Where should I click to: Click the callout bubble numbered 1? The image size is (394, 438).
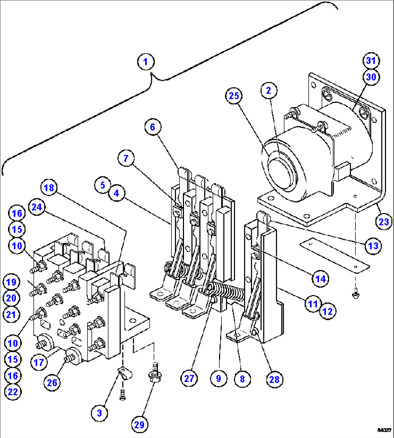[x=146, y=62]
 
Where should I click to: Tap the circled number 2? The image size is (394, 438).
[x=269, y=90]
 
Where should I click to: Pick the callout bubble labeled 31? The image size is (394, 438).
[x=371, y=60]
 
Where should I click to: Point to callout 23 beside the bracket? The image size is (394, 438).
[x=384, y=222]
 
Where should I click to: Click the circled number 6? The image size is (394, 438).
[x=153, y=127]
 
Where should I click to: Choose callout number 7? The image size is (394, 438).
[x=125, y=159]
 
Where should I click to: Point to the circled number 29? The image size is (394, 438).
[x=140, y=425]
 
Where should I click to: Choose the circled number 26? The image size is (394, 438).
[x=52, y=383]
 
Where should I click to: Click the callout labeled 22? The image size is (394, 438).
[x=13, y=392]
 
